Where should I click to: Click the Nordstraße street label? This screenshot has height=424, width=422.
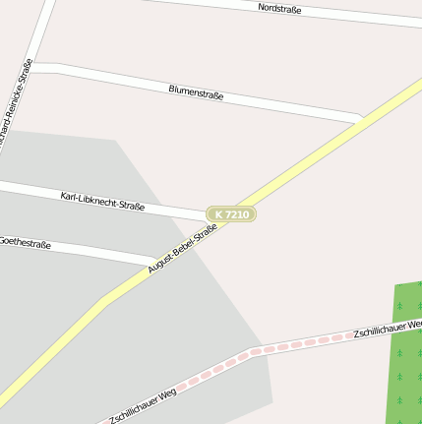click(279, 9)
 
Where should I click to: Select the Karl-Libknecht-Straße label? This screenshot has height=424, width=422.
click(102, 201)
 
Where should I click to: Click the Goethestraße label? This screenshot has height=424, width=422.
click(25, 241)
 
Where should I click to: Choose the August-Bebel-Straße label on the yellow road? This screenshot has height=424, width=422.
click(182, 249)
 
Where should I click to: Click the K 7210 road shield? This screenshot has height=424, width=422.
click(231, 213)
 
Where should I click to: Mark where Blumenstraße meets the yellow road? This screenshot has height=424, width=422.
click(362, 120)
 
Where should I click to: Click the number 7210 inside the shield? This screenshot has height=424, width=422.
click(237, 213)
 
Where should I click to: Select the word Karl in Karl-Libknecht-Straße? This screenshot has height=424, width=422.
click(70, 196)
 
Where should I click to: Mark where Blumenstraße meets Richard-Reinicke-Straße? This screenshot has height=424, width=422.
click(36, 68)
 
